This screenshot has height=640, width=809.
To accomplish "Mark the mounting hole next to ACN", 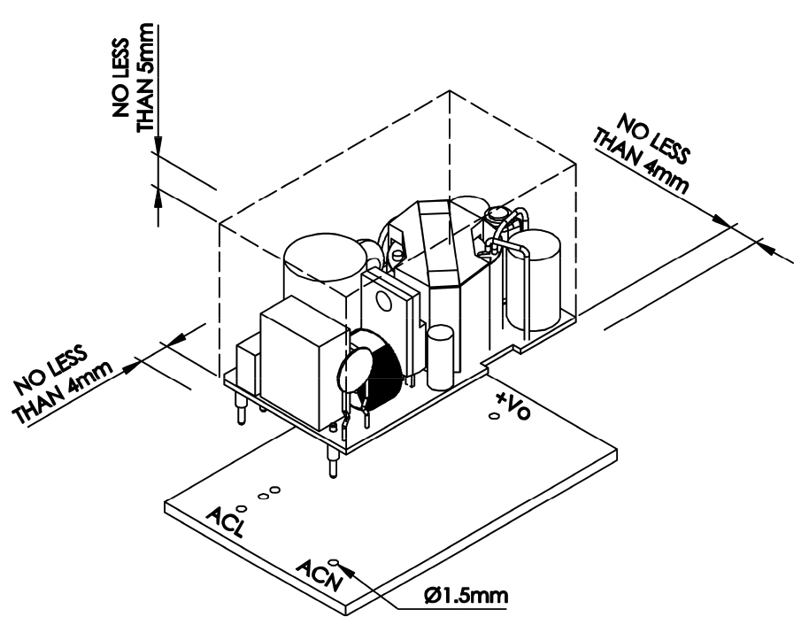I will tap(334, 561).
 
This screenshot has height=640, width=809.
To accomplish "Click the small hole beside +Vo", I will tap(494, 415).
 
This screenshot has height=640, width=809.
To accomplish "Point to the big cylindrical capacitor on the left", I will tap(323, 266).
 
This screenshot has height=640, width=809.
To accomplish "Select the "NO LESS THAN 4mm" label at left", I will tap(65, 382).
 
